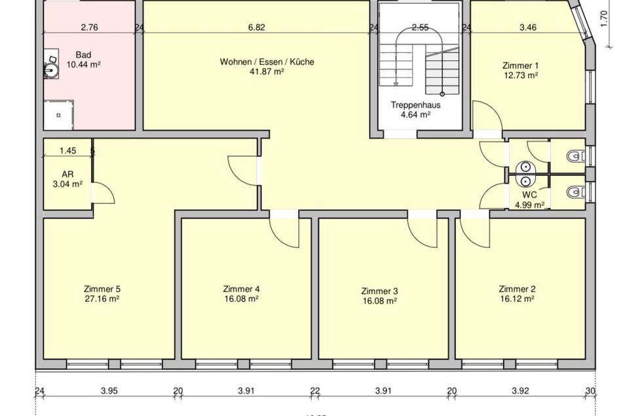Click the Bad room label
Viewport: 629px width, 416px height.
[83, 54]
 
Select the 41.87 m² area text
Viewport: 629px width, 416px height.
[267, 72]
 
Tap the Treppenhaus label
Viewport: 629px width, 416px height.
[415, 104]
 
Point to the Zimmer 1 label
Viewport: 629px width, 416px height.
[520, 65]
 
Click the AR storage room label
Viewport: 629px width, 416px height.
[67, 175]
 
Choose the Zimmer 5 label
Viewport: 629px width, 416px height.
[102, 289]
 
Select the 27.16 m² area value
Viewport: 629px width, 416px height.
[102, 299]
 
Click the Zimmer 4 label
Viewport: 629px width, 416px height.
[241, 289]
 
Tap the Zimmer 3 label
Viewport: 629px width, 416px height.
[379, 291]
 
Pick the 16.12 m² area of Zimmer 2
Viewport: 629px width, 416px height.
[517, 299]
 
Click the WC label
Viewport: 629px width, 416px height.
[529, 195]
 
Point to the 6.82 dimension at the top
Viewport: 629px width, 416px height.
[257, 28]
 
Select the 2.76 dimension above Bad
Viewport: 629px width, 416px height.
[89, 28]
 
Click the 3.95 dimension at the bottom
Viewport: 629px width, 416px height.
[109, 391]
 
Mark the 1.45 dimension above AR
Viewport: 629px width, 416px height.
[67, 150]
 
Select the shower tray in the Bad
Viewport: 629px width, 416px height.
[59, 115]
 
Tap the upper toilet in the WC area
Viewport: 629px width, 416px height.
[575, 156]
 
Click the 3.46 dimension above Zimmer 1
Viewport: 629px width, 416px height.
[528, 28]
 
